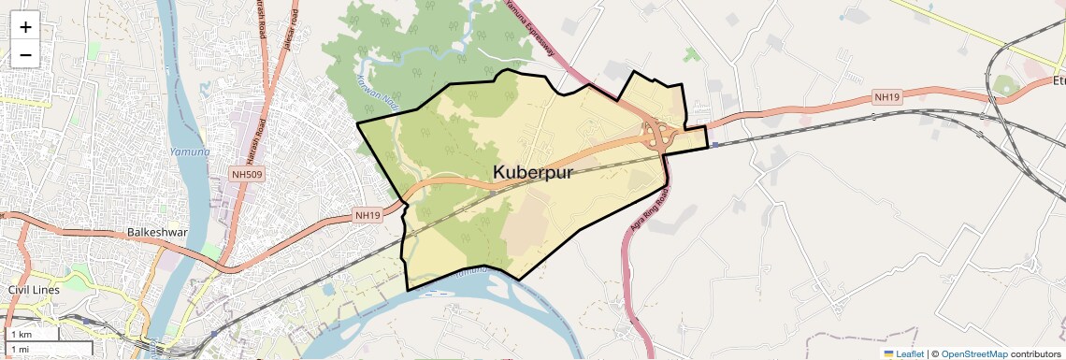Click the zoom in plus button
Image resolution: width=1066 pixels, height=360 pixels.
[25, 27]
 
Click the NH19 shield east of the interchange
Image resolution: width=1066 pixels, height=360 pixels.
[886, 96]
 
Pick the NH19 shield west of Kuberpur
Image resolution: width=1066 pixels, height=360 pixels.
[368, 215]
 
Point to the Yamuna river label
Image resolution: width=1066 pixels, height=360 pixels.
[190, 151]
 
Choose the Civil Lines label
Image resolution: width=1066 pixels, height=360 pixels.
[34, 290]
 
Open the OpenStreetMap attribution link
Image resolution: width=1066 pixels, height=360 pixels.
[974, 353]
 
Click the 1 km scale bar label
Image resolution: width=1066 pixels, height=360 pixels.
[22, 334]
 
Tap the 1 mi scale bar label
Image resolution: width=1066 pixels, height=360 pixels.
[20, 349]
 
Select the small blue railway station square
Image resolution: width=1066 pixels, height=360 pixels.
[714, 144]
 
